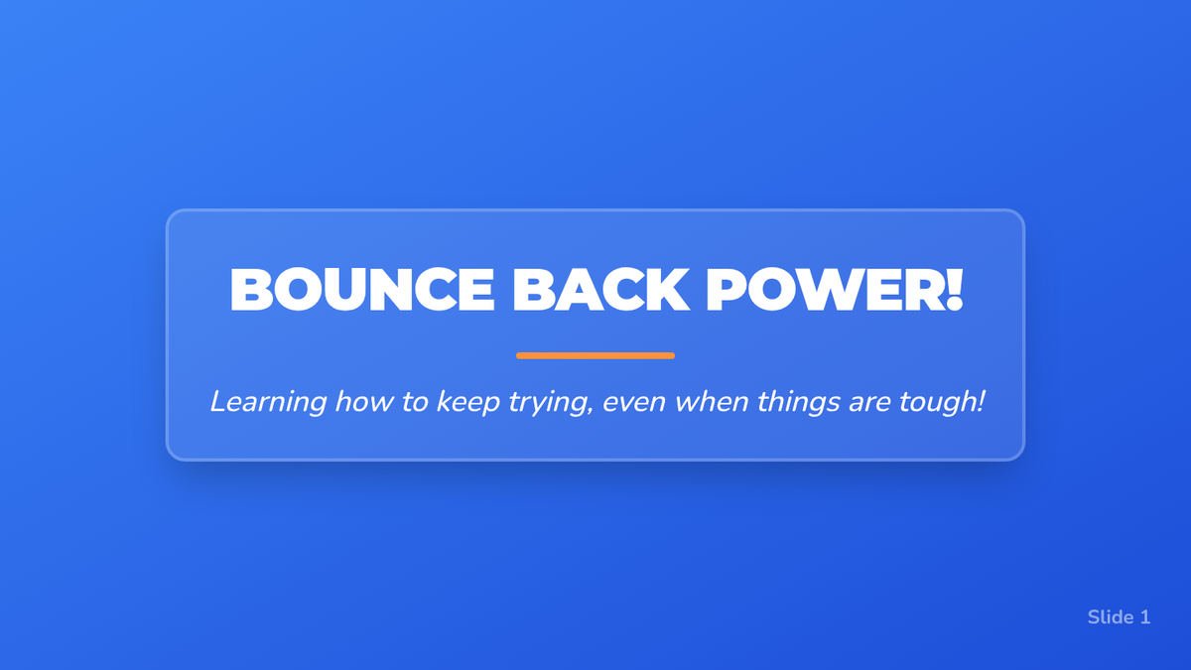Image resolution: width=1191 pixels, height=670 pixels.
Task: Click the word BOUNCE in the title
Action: click(x=362, y=289)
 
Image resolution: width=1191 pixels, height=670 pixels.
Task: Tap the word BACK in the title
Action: click(x=600, y=289)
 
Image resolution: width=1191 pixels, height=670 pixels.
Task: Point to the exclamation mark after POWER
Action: click(x=955, y=289)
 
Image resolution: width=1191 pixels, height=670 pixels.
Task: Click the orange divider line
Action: click(x=595, y=355)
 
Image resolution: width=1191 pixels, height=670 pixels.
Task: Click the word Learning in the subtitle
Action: click(x=268, y=403)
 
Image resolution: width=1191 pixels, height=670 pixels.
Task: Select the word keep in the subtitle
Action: click(x=467, y=403)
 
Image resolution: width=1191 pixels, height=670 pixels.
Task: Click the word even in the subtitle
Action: click(x=634, y=404)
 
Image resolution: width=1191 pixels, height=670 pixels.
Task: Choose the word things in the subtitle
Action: click(x=799, y=403)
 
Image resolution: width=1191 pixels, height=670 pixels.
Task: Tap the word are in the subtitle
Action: click(x=869, y=404)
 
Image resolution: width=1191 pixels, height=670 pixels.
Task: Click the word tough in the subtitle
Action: click(x=937, y=403)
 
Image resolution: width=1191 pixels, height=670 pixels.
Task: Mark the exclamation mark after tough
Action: click(x=981, y=401)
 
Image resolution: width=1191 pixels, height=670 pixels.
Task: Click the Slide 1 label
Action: click(x=1119, y=617)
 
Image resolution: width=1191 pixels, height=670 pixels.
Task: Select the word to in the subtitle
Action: click(x=415, y=403)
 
